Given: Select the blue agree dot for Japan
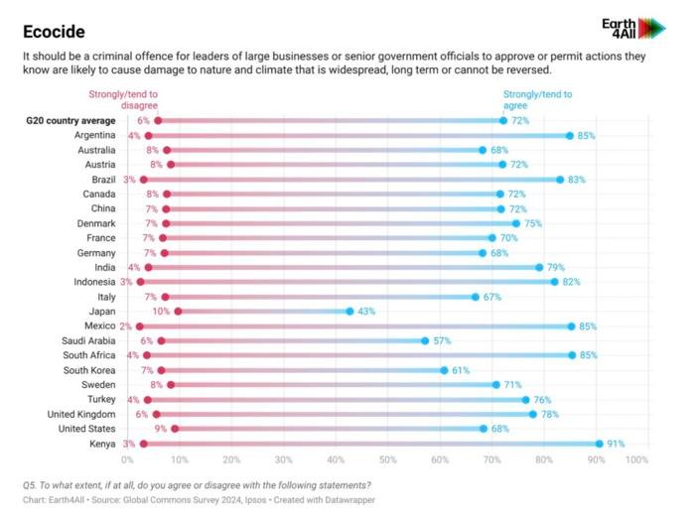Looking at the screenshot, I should (349, 312).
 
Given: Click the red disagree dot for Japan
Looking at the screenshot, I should (178, 312).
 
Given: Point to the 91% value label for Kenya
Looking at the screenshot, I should (616, 444).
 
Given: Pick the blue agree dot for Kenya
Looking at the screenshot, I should (600, 444).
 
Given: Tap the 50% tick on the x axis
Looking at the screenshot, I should (388, 460).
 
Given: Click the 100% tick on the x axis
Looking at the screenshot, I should (637, 460).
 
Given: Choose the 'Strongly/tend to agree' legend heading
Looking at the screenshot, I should (537, 99).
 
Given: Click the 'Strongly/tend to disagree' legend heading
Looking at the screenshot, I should (139, 99).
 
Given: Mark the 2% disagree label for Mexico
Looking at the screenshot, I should (126, 326).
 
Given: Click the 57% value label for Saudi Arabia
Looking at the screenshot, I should (442, 340).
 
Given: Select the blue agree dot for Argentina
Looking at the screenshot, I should (569, 135).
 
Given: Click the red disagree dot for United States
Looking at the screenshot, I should (175, 429).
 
